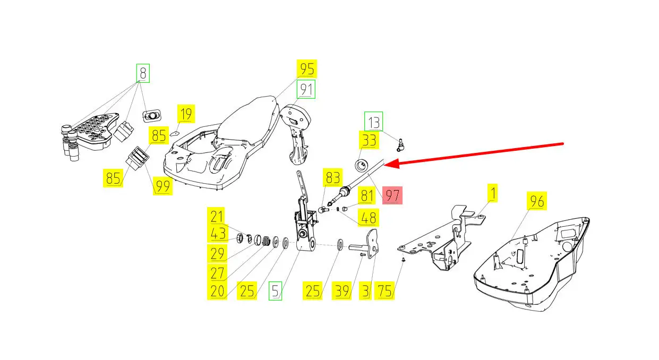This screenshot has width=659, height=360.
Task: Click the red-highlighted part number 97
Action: tap(392, 195)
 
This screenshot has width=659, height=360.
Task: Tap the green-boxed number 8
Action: tap(142, 73)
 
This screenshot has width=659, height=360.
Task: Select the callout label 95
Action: tap(306, 69)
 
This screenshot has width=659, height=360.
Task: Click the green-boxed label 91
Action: tap(306, 89)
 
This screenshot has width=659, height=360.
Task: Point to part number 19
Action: tap(185, 114)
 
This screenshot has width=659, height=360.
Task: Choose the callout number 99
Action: tap(162, 185)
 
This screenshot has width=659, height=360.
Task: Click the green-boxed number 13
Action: tap(373, 123)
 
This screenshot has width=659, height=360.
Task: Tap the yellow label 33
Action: tap(369, 141)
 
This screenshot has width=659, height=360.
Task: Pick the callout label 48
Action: tap(368, 217)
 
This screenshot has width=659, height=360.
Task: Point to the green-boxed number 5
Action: tap(275, 291)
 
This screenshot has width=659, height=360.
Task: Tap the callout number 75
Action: tap(384, 291)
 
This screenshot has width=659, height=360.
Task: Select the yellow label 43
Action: tap(217, 234)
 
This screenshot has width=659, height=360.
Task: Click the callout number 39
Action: tap(341, 291)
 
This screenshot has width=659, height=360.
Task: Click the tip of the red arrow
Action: tap(384, 165)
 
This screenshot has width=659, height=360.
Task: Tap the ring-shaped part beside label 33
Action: tap(362, 164)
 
